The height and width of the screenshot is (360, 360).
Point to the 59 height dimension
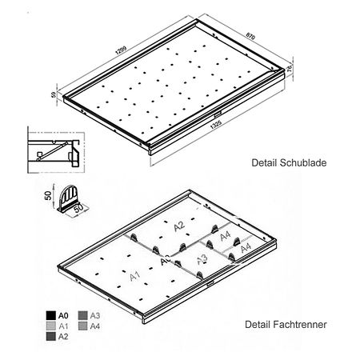click(x=54, y=95)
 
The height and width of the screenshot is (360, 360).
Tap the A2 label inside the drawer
click(x=180, y=227)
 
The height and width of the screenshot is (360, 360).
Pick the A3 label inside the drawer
click(x=202, y=258)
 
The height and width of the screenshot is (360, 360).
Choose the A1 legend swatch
click(x=50, y=327)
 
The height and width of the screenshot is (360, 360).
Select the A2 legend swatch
click(x=50, y=338)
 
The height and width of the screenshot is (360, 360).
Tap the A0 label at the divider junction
click(x=165, y=262)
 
